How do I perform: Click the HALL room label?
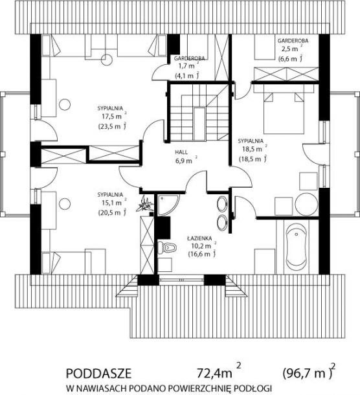[x=181, y=152]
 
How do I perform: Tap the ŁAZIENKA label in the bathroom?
[x=199, y=238]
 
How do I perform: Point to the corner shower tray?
[x=167, y=205]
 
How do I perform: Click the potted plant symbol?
[x=144, y=204]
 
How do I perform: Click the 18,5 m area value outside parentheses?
[x=252, y=150]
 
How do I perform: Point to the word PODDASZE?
[x=98, y=374]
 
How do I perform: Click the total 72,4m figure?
[x=214, y=374]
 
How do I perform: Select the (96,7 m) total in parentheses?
[x=308, y=374]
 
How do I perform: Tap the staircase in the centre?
[x=199, y=113]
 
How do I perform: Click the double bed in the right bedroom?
[x=284, y=109]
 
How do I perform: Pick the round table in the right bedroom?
[x=307, y=204]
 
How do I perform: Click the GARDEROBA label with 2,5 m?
[x=293, y=41]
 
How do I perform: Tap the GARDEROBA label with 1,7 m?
[x=190, y=58]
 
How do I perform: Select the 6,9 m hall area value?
[x=184, y=161]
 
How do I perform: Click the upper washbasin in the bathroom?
[x=222, y=203]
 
